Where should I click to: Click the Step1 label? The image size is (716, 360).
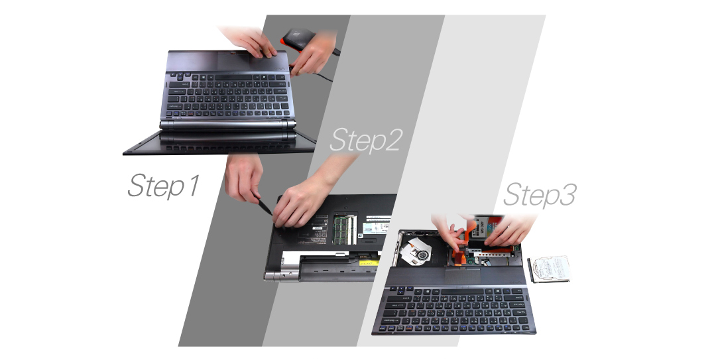[164, 186]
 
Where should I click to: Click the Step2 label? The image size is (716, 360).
[365, 140]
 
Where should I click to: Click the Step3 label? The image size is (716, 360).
[539, 195]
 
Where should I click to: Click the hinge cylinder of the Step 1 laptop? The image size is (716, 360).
[227, 125]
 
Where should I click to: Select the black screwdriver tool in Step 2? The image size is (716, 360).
[263, 205]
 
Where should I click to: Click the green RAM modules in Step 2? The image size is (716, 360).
[344, 229]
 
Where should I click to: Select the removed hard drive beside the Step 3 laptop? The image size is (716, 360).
[549, 269]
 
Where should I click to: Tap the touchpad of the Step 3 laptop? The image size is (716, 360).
[463, 276]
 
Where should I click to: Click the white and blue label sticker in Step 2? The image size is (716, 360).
[376, 227]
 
